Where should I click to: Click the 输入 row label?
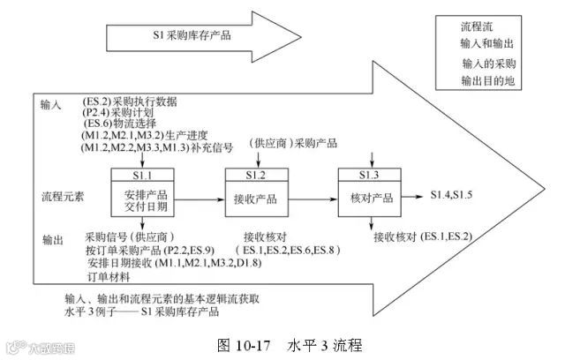tap(52, 104)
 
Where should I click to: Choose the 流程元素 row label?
tap(64, 193)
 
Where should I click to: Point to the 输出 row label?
tap(52, 239)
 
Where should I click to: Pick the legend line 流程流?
tap(475, 28)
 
